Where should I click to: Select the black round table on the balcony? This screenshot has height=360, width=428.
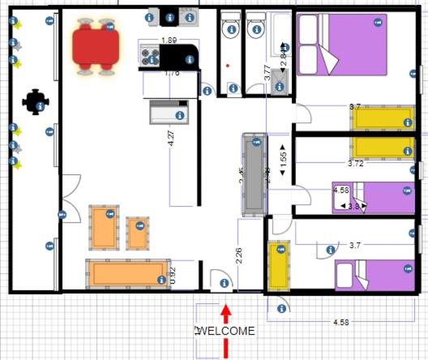coord(34,101)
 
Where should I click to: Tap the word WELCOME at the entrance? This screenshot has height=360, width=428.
coord(227,331)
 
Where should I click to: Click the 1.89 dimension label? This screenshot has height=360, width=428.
coord(169,40)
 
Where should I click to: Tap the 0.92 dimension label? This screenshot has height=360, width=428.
coord(172,275)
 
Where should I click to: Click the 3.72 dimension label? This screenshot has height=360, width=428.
coord(355,163)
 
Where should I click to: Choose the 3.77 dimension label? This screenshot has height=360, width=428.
coord(267,73)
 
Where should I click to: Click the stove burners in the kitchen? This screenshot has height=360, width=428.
coord(150,57)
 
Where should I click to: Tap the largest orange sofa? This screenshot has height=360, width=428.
coord(118,273)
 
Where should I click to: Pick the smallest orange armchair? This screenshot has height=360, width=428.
coord(137,234)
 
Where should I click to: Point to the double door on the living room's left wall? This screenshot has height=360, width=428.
coord(71,199)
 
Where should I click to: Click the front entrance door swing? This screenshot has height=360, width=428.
coord(220,281)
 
